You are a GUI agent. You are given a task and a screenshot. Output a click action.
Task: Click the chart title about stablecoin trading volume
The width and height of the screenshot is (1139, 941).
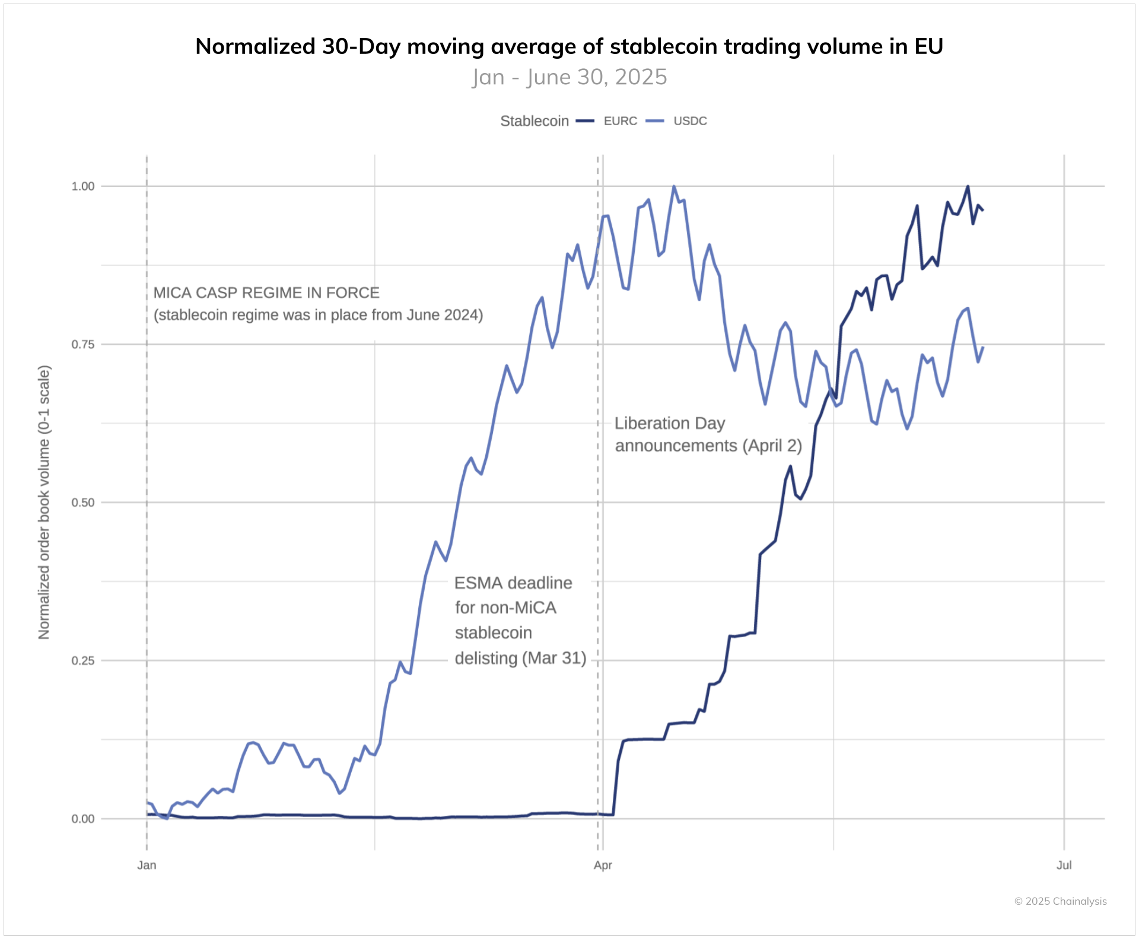coord(569,46)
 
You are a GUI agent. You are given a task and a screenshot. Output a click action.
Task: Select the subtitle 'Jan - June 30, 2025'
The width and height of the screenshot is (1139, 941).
coord(569,77)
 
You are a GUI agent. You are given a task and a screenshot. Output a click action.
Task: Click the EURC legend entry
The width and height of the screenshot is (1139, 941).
coord(620,121)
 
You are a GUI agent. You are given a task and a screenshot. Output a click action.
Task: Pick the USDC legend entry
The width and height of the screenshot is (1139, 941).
coord(690,121)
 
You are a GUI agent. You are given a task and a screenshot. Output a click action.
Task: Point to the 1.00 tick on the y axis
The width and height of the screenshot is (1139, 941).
coord(83,186)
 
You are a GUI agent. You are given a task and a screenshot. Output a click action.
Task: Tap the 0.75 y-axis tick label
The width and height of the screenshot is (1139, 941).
coord(83,345)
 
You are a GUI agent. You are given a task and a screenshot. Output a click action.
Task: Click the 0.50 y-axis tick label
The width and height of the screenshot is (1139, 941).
coord(83,503)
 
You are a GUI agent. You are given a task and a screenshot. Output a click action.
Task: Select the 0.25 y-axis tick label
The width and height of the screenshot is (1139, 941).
coord(83,661)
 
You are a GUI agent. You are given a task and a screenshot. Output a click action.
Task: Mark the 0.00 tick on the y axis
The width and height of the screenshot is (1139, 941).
coord(83,819)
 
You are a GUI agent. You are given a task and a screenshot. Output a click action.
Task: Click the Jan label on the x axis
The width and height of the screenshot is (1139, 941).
coord(147,865)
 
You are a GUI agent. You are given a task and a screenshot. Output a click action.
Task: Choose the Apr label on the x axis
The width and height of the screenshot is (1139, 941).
coord(603,865)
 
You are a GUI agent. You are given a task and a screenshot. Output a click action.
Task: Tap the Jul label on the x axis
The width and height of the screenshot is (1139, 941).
coord(1064,865)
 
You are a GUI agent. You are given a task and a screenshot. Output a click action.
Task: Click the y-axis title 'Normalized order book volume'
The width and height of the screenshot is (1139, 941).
coord(44,502)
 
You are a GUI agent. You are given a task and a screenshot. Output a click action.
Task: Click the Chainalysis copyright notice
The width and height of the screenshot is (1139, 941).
coord(1060,901)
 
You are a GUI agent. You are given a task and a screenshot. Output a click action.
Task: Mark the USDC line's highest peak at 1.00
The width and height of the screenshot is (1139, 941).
coord(673,186)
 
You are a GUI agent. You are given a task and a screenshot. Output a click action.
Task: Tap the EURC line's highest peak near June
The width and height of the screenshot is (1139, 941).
coord(968,186)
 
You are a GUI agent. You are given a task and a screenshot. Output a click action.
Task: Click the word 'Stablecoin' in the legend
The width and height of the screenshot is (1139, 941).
coord(534,121)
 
